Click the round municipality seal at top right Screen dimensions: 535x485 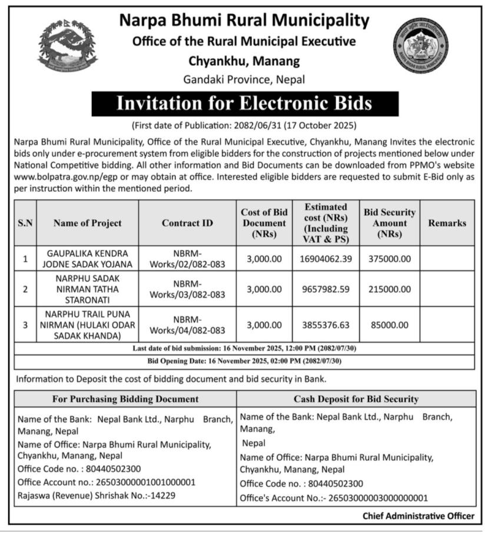[x=420, y=45]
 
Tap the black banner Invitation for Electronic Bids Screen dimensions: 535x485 [x=244, y=103]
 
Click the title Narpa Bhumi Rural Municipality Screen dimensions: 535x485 [x=244, y=21]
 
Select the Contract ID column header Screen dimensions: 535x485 [x=188, y=223]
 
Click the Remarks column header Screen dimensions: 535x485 [x=447, y=223]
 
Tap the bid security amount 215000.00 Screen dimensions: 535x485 [x=389, y=289]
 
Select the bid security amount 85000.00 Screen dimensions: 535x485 [x=389, y=324]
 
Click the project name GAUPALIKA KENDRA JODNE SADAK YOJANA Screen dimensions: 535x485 [x=87, y=259]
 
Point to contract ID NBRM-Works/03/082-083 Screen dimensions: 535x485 [x=188, y=289]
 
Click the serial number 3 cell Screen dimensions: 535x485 [x=25, y=324]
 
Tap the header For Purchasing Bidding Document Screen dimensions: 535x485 [x=125, y=399]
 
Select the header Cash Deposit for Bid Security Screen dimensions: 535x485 [x=356, y=399]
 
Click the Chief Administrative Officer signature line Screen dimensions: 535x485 [x=418, y=516]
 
